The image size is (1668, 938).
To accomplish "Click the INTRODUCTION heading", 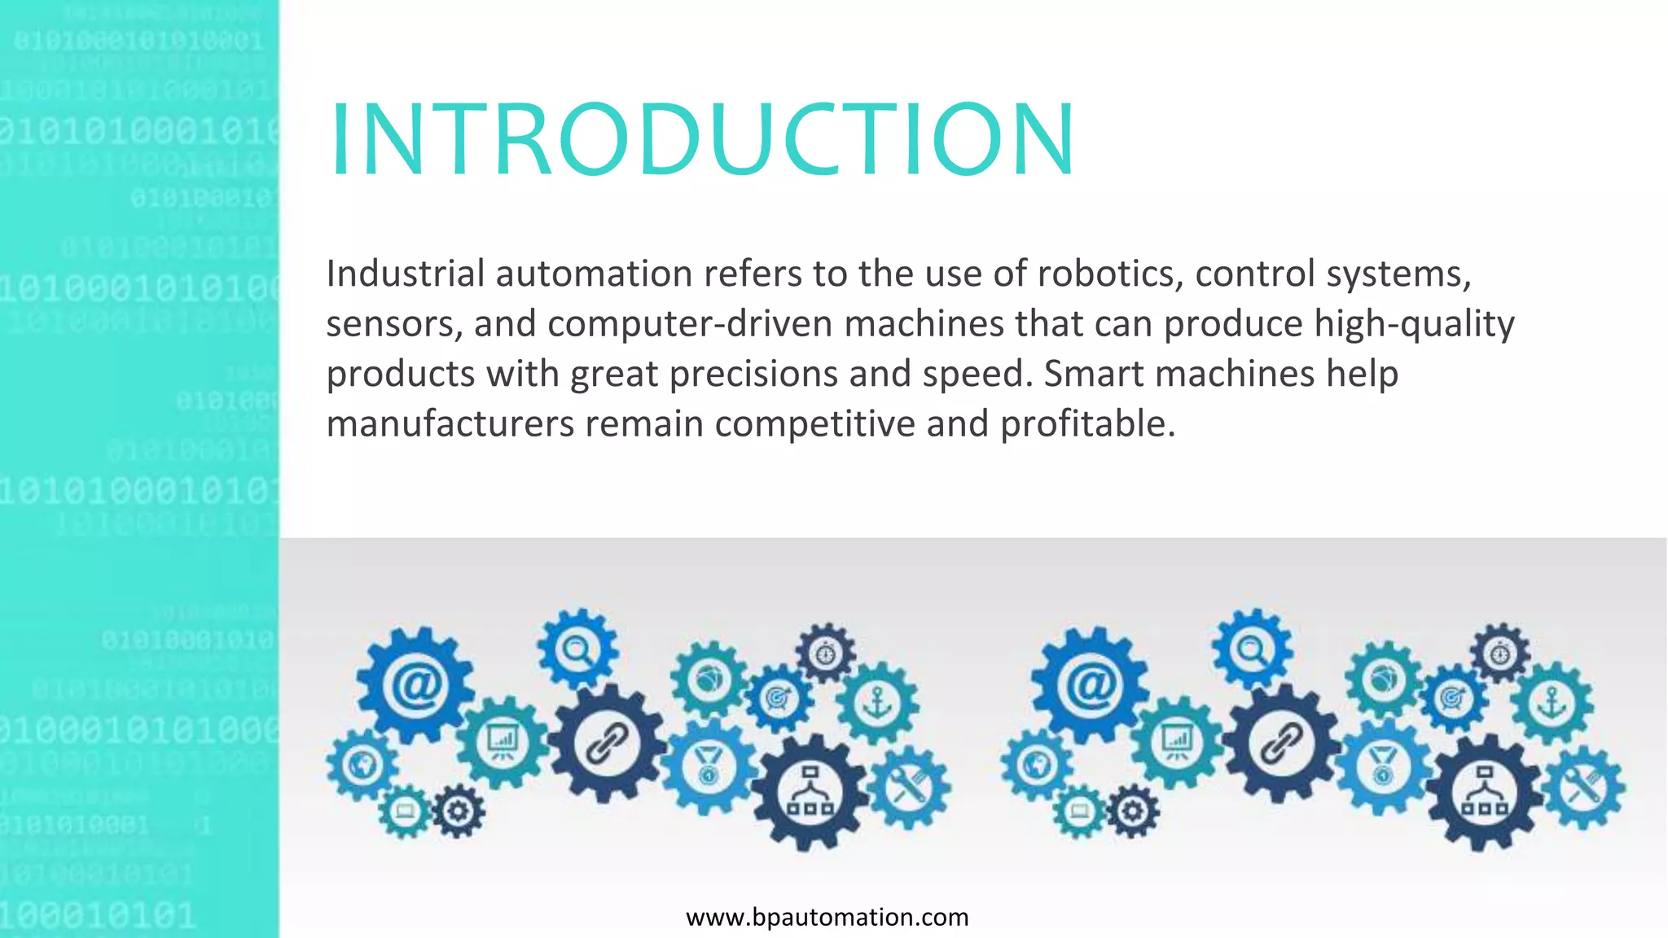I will (702, 138).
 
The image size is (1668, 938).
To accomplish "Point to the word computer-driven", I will (691, 324).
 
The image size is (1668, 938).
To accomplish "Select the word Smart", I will (1094, 375).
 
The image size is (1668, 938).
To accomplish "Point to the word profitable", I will (1087, 424).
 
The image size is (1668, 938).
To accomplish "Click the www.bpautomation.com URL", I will (827, 918).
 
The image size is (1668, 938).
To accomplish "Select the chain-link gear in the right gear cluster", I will (1282, 743).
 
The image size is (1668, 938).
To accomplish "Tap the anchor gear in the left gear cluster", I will (878, 703).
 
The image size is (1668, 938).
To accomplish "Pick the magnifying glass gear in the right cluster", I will (1252, 649).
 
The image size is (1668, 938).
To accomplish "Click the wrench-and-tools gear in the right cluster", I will (1582, 787).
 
